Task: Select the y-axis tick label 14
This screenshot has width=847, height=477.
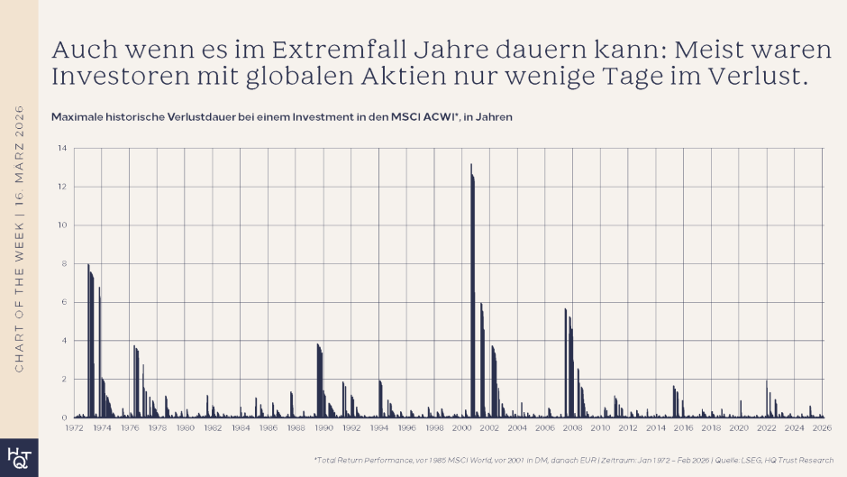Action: click(62, 148)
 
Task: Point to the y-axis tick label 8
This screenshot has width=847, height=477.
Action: click(65, 263)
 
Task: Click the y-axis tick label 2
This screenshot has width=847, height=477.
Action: click(65, 380)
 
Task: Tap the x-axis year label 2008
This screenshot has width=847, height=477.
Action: click(573, 428)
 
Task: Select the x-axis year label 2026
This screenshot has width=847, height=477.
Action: click(822, 428)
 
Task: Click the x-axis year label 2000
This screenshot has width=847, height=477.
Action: click(462, 428)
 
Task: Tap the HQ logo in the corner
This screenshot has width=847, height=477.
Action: click(18, 457)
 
